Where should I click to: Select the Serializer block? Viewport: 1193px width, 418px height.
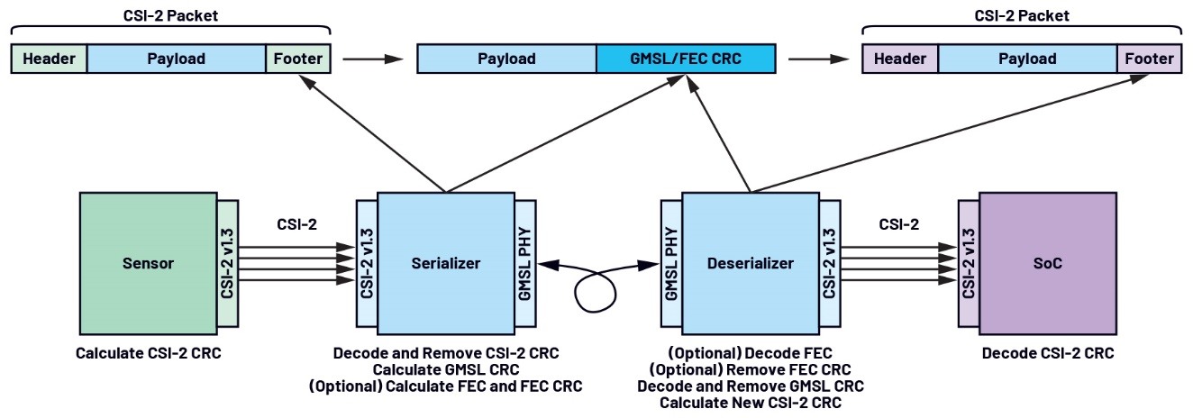click(x=445, y=263)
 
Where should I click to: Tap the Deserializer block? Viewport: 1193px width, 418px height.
click(x=750, y=263)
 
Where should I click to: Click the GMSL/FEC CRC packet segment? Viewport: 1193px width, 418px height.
click(x=685, y=59)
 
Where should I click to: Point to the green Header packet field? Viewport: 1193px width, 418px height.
click(x=49, y=59)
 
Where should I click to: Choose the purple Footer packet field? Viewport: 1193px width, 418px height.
click(x=1149, y=59)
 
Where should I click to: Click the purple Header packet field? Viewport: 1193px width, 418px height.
click(x=901, y=59)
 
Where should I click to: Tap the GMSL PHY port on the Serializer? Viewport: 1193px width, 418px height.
click(x=525, y=263)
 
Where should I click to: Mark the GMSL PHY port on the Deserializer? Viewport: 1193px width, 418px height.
click(x=671, y=263)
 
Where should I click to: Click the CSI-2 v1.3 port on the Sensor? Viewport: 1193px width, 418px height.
click(x=227, y=263)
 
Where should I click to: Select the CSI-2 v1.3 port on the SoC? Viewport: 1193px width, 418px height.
click(x=969, y=263)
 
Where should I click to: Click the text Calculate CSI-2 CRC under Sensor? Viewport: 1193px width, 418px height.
click(x=148, y=353)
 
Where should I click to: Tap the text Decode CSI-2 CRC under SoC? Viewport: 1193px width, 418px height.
click(x=1048, y=353)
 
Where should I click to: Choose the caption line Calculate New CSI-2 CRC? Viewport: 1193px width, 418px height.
click(x=750, y=403)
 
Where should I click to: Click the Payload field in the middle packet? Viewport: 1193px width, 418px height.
click(x=505, y=59)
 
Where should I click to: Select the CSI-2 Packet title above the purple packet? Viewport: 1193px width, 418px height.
click(x=1023, y=15)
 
